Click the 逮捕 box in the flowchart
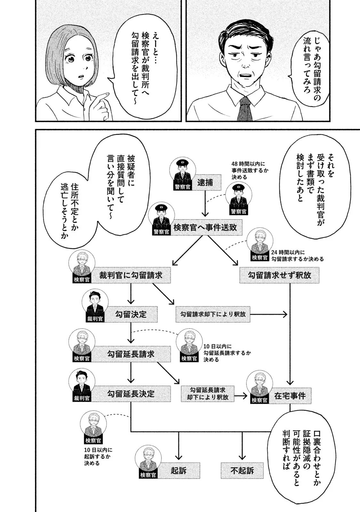pos(205,182)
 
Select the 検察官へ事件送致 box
pos(205,227)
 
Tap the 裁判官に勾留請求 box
pos(131,275)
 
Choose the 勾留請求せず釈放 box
pos(279,275)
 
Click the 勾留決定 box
pos(131,314)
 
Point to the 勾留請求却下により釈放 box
pos(213,314)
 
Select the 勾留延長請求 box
pos(131,354)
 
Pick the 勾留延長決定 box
pos(131,394)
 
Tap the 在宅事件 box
pos(290,396)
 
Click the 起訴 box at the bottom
pos(179,470)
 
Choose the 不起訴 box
pos(242,470)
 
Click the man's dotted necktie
pos(245,109)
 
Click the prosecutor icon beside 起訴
pos(148,462)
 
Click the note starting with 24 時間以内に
pos(297,255)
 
